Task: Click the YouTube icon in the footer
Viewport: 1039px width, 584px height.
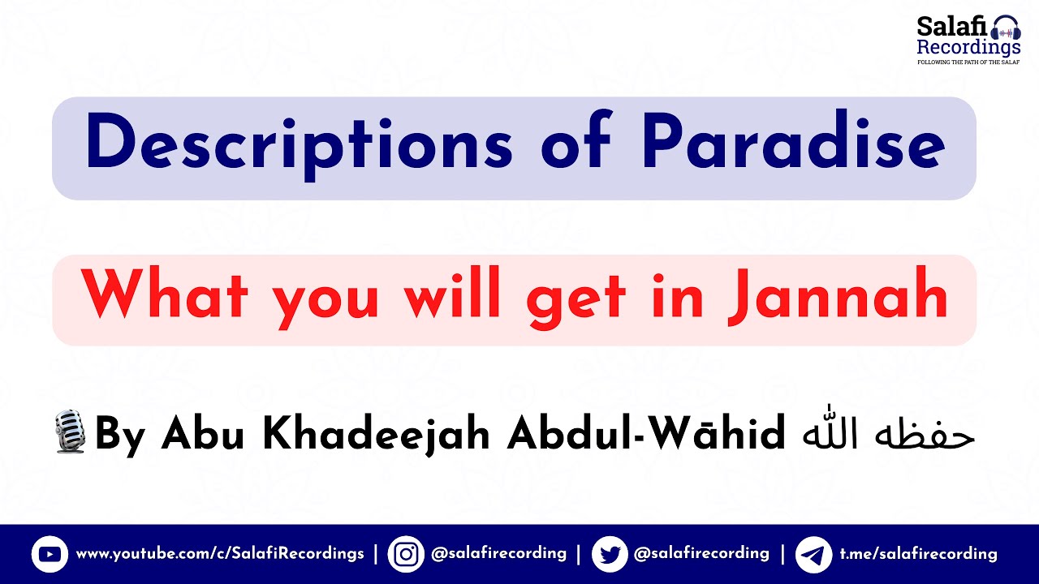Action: point(50,555)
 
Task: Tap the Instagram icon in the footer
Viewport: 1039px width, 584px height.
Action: point(406,555)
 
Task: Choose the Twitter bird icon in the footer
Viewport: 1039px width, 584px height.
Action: point(609,555)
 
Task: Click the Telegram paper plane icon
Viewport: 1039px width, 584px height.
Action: point(813,555)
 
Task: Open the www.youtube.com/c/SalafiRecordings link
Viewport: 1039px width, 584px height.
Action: point(220,554)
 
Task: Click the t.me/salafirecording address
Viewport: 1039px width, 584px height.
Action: point(918,554)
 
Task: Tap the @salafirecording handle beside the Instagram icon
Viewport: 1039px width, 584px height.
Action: point(498,553)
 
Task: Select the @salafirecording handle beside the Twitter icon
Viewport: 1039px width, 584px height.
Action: point(701,553)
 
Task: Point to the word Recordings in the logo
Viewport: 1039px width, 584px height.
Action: point(968,48)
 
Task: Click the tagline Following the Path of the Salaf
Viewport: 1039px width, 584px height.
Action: point(968,62)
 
